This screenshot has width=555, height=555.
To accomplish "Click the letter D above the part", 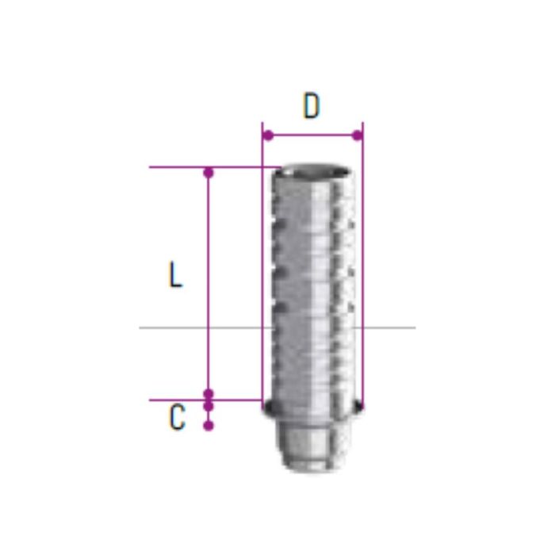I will pyautogui.click(x=312, y=106).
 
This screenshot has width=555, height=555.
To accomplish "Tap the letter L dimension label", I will pyautogui.click(x=176, y=275).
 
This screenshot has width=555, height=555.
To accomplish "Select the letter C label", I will pyautogui.click(x=177, y=418).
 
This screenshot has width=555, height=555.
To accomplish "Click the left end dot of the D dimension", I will pyautogui.click(x=268, y=136).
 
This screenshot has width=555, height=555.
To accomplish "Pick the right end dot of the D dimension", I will pyautogui.click(x=358, y=136).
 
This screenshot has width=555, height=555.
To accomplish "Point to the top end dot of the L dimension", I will pyautogui.click(x=209, y=172).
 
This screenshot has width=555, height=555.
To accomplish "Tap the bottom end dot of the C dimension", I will pyautogui.click(x=209, y=426).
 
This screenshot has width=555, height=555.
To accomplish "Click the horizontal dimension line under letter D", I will pyautogui.click(x=312, y=136).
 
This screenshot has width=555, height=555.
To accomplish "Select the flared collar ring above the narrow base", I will pyautogui.click(x=312, y=410).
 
